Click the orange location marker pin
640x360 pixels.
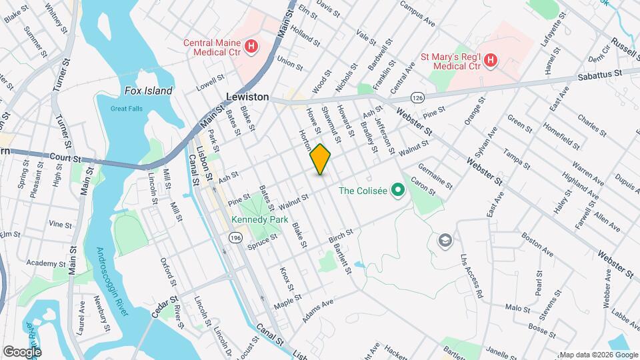pos(321,159)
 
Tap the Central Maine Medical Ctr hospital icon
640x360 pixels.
pos(251,46)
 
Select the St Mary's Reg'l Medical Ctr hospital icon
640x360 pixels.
pos(490,61)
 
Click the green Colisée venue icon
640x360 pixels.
pos(399,191)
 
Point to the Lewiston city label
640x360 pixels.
pos(247,97)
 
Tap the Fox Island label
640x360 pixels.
pos(148,91)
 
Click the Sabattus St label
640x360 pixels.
pos(598,73)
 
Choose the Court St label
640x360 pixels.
pos(65,159)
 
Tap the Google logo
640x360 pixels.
pos(22,351)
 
